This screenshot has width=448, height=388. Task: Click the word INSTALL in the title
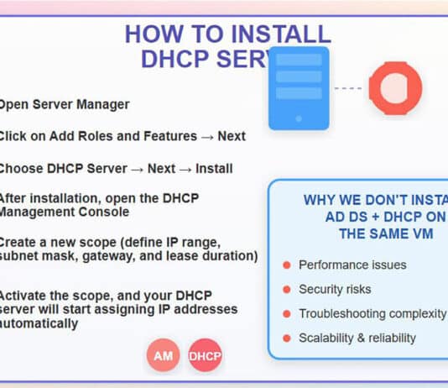click(x=278, y=34)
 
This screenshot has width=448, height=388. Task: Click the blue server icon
click(x=300, y=87)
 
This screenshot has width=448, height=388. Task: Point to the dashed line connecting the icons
click(x=347, y=87)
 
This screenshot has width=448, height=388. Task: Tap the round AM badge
click(x=164, y=356)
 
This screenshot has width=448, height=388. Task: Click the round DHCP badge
click(x=205, y=356)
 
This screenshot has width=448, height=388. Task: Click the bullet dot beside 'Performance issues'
click(x=287, y=265)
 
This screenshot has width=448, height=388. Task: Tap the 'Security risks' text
click(x=335, y=289)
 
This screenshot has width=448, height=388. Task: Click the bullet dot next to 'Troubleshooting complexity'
click(x=287, y=313)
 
